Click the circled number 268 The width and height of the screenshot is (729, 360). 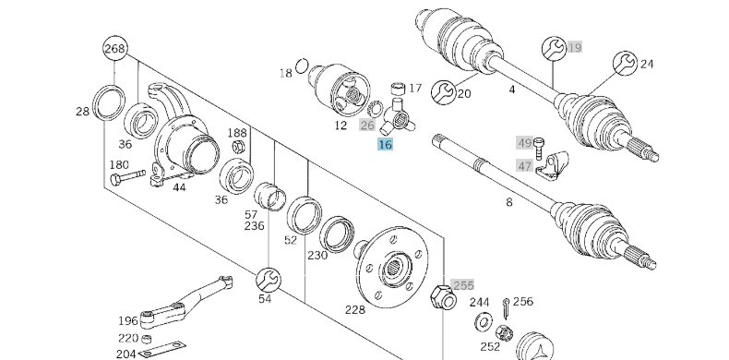(x=114, y=49)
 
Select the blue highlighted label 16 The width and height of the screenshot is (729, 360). (x=386, y=144)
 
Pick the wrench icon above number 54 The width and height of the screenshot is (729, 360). (x=266, y=277)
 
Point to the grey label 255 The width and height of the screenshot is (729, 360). (x=462, y=285)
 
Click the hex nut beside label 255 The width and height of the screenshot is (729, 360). (x=440, y=297)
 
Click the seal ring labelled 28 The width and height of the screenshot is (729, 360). (x=109, y=101)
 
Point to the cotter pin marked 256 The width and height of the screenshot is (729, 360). (x=507, y=306)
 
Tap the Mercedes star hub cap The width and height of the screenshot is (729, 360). (x=536, y=346)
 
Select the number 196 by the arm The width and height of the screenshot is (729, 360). (x=127, y=320)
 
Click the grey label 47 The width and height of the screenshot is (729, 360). (x=524, y=165)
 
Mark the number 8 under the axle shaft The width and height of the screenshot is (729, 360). (x=508, y=201)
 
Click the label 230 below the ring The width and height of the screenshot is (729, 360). (x=317, y=256)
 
